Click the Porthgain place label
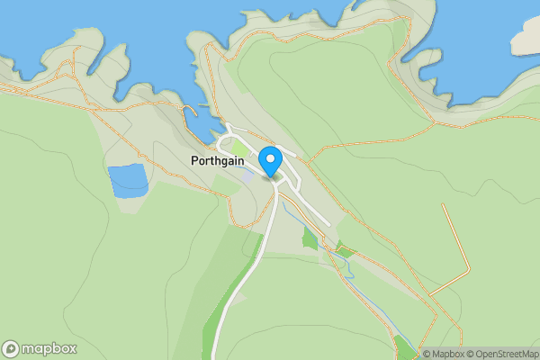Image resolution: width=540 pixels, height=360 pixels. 217,161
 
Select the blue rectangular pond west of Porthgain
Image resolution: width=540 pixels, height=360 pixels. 128,181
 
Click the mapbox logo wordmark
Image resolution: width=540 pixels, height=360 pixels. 49,349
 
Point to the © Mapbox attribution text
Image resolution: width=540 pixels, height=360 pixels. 444,354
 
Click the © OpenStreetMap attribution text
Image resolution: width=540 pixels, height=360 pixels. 502,354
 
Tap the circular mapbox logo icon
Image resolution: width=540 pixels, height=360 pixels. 11,349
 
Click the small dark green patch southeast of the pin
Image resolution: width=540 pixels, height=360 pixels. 310,238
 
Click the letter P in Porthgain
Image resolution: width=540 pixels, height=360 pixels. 194,161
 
